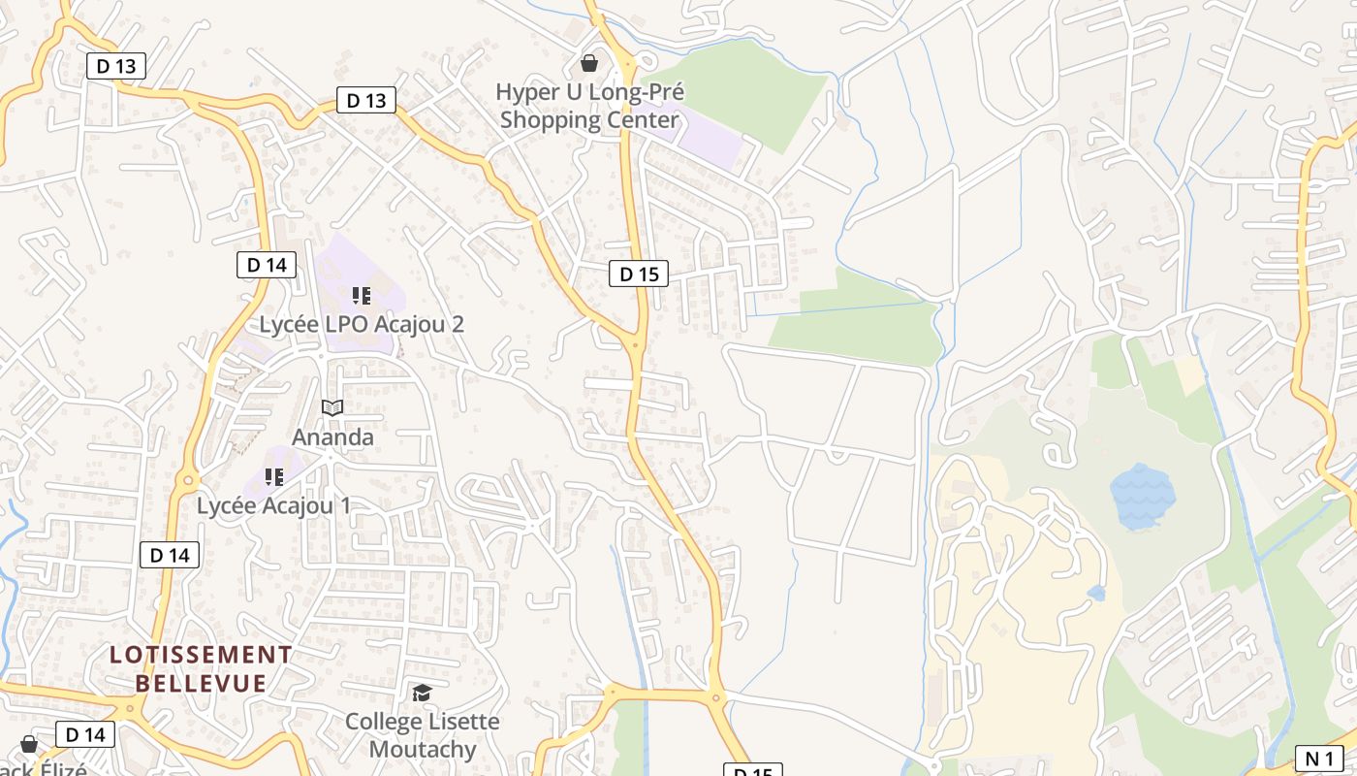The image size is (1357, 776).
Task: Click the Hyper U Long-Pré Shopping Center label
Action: click(589, 106)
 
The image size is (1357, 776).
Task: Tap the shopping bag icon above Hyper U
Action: click(588, 64)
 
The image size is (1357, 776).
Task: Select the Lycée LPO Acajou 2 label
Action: click(362, 324)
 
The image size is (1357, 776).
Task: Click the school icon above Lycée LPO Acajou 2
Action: click(362, 296)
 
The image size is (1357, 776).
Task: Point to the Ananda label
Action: click(332, 437)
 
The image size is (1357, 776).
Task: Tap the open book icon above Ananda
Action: click(332, 408)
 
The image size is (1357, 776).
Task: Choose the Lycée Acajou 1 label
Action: click(273, 505)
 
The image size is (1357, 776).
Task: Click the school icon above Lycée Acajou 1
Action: click(274, 477)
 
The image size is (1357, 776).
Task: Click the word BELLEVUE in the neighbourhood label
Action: click(201, 683)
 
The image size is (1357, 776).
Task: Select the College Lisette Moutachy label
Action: click(423, 735)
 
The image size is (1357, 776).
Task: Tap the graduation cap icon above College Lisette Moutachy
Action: click(422, 693)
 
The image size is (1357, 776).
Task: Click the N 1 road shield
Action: click(1320, 759)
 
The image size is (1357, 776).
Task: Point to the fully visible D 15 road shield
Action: click(639, 275)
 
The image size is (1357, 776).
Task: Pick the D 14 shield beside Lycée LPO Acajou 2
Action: click(266, 265)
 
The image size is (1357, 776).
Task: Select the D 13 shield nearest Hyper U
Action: click(366, 100)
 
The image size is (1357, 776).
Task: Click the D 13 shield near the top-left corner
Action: click(116, 66)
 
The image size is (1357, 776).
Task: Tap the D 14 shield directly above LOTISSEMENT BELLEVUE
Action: click(170, 555)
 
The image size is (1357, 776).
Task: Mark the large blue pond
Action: click(1141, 496)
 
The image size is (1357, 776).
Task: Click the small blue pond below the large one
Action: click(1096, 593)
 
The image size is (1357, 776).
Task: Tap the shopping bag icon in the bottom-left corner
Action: click(29, 744)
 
